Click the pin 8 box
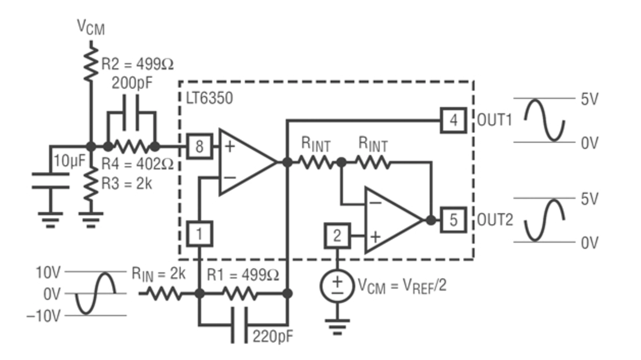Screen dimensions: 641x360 [x=199, y=146]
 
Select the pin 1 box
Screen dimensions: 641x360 [x=199, y=233]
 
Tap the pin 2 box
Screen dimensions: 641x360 [x=337, y=236]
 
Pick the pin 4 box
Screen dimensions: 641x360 [x=453, y=120]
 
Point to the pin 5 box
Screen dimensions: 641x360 [x=453, y=220]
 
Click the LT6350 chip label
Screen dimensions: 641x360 [x=209, y=99]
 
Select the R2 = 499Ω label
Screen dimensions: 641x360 [x=137, y=64]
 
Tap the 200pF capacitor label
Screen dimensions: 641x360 [x=132, y=83]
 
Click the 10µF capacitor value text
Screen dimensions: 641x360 [x=70, y=161]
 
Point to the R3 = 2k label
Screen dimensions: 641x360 [x=127, y=184]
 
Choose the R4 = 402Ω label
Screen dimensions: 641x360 [x=137, y=164]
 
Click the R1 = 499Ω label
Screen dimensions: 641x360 [x=243, y=275]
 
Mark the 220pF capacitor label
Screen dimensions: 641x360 [x=273, y=336]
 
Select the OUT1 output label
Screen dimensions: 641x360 [x=494, y=120]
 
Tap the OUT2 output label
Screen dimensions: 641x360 [x=495, y=220]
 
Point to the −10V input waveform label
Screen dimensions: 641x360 [x=44, y=316]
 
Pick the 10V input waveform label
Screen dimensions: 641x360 [x=48, y=272]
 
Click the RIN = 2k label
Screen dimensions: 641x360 [x=158, y=274]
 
